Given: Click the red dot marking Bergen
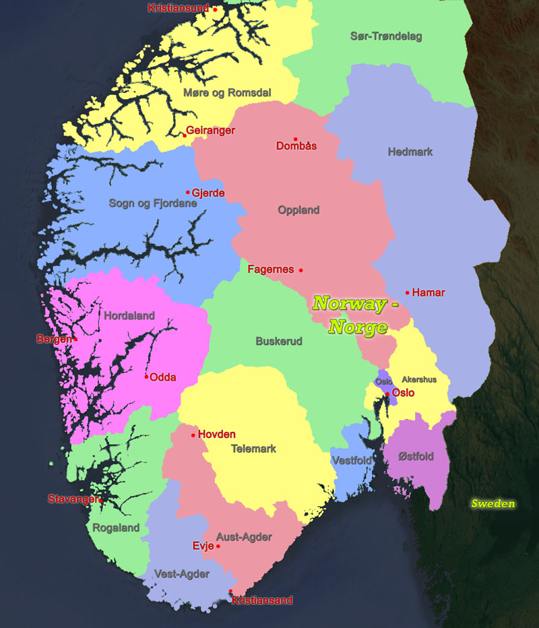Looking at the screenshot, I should click(75, 339).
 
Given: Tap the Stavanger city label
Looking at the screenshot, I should click(72, 499).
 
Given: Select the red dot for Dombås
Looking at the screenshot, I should click(295, 139).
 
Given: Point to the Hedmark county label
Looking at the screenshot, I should click(410, 152).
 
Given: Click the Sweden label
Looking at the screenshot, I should click(493, 503).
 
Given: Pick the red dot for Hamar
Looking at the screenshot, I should click(408, 292).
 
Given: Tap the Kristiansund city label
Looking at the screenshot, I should click(179, 8).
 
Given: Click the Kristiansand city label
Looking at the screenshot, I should click(262, 600).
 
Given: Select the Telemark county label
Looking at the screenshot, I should click(253, 449).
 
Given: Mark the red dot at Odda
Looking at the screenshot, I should click(146, 377).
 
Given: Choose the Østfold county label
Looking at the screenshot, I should click(416, 457).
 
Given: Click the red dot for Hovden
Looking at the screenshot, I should click(193, 435).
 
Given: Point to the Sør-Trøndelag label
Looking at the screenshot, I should click(386, 36).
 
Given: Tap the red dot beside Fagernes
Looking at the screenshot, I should click(300, 270).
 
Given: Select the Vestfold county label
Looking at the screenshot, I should click(351, 460).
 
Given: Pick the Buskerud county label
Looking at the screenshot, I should click(278, 342).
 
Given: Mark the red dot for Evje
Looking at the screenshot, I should click(218, 546).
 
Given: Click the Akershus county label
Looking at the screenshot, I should click(418, 379).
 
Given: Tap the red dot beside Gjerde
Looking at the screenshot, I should click(188, 192).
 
